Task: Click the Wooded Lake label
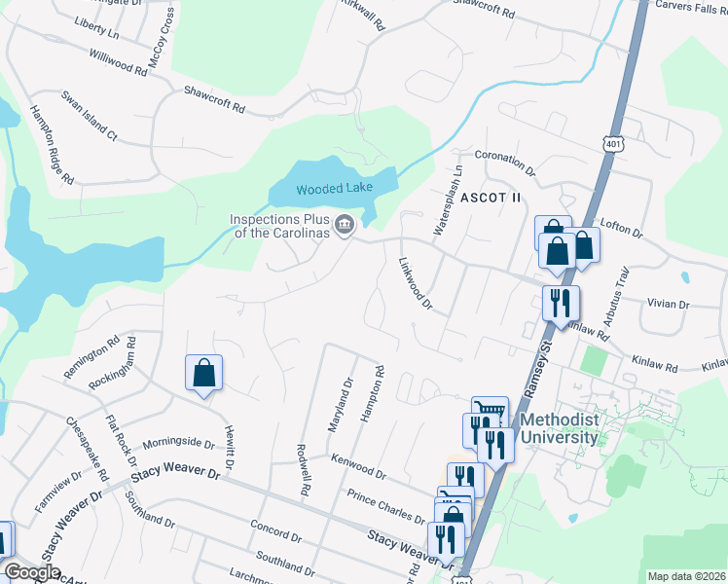[x=333, y=189]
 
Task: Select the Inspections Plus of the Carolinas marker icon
[x=344, y=226]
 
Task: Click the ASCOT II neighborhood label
[x=491, y=198]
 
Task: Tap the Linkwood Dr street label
[x=416, y=283]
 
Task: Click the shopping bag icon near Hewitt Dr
[x=203, y=372]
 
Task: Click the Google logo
[x=33, y=572]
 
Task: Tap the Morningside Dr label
[x=178, y=443]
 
